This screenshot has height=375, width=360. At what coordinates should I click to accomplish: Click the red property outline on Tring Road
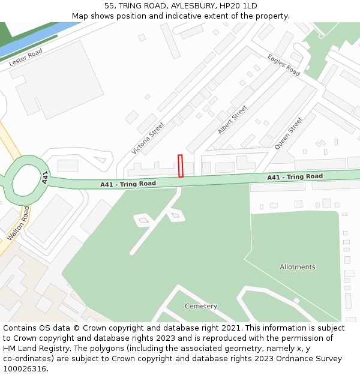coord(181,166)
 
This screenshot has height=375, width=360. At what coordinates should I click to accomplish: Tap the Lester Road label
coord(26,58)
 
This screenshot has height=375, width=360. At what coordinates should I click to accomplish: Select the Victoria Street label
coord(148,138)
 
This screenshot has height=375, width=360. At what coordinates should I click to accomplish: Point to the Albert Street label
coord(232,119)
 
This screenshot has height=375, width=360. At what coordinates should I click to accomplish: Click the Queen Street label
coord(289,133)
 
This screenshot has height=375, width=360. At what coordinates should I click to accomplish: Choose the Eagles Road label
coord(284,65)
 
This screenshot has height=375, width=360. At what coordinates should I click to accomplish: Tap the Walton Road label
coord(18,223)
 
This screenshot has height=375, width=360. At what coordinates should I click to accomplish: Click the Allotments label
coord(297,267)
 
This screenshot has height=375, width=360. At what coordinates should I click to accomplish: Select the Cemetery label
coord(201,306)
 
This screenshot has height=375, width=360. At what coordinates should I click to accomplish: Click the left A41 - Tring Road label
coord(128,184)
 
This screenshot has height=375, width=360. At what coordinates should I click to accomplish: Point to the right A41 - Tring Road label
coord(295,177)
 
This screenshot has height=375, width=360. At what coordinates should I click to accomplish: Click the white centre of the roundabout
coord(23,179)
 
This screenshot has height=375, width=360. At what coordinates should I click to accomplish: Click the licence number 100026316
coord(25,369)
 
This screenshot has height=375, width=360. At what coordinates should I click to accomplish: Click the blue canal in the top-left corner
coord(36,40)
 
